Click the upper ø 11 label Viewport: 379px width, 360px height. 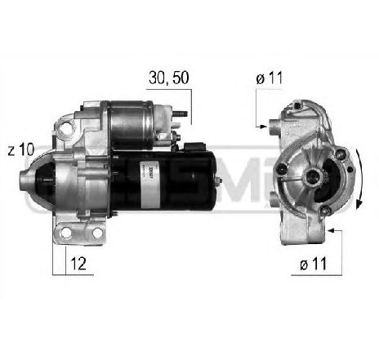click(269, 78)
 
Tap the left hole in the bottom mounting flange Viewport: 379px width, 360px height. click(64, 233)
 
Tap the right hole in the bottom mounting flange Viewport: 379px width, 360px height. click(97, 233)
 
